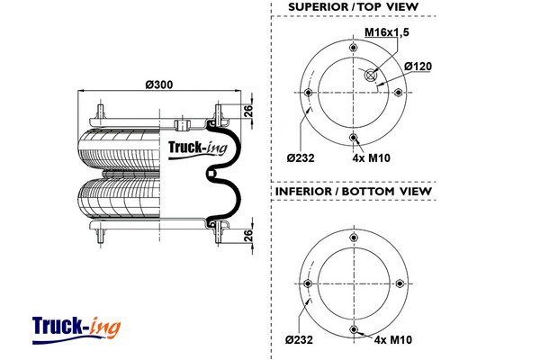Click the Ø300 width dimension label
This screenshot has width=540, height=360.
(x=160, y=85)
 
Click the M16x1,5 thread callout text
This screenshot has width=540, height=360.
(x=385, y=33)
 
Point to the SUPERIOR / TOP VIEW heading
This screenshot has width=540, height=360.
(x=353, y=8)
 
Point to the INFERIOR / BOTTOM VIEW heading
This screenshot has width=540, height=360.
(x=353, y=192)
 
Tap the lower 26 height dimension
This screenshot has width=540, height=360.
(x=248, y=235)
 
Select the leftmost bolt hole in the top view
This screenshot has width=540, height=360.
(x=309, y=93)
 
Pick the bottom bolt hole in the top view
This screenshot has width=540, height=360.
(x=354, y=137)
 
